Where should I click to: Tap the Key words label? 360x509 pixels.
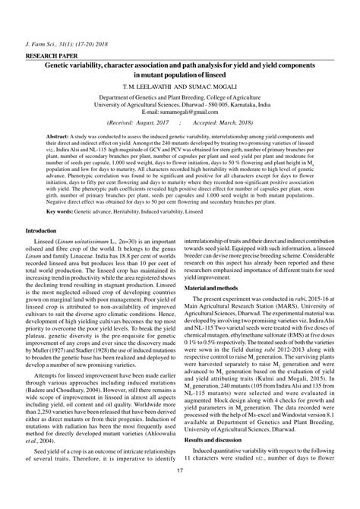[x=62, y=211]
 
